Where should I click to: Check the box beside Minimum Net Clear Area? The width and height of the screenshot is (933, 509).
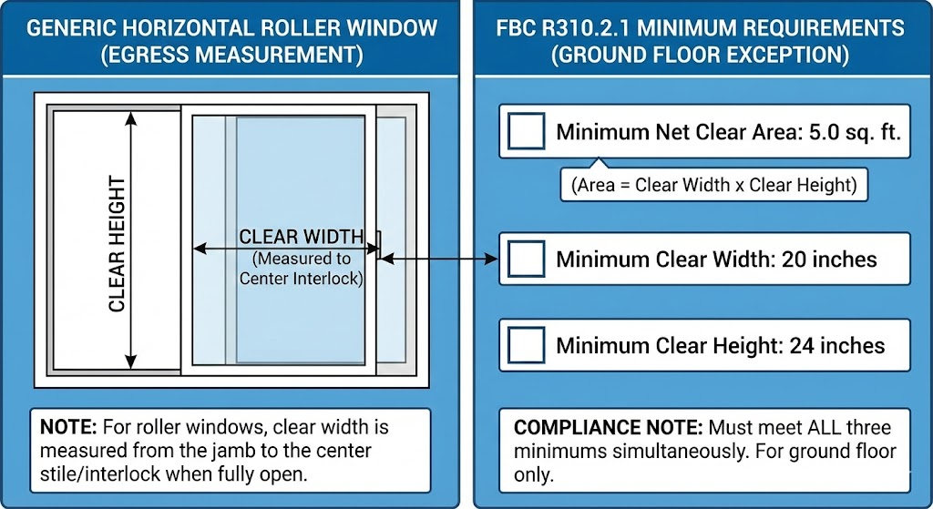pyautogui.click(x=526, y=132)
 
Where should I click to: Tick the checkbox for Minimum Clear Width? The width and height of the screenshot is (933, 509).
pyautogui.click(x=526, y=260)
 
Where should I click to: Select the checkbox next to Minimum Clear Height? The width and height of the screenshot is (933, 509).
pyautogui.click(x=526, y=346)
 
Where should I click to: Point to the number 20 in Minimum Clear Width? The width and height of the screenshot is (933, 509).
pyautogui.click(x=790, y=260)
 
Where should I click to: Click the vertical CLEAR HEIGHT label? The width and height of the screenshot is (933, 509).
pyautogui.click(x=117, y=244)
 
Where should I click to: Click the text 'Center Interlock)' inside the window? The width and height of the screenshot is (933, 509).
pyautogui.click(x=301, y=279)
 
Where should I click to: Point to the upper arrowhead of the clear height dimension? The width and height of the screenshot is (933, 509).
pyautogui.click(x=133, y=117)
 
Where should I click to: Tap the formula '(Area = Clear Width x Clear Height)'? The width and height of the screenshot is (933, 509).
pyautogui.click(x=714, y=185)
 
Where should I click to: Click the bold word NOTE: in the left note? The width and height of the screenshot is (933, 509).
pyautogui.click(x=69, y=427)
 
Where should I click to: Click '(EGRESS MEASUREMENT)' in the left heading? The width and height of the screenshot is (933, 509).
pyautogui.click(x=231, y=56)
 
